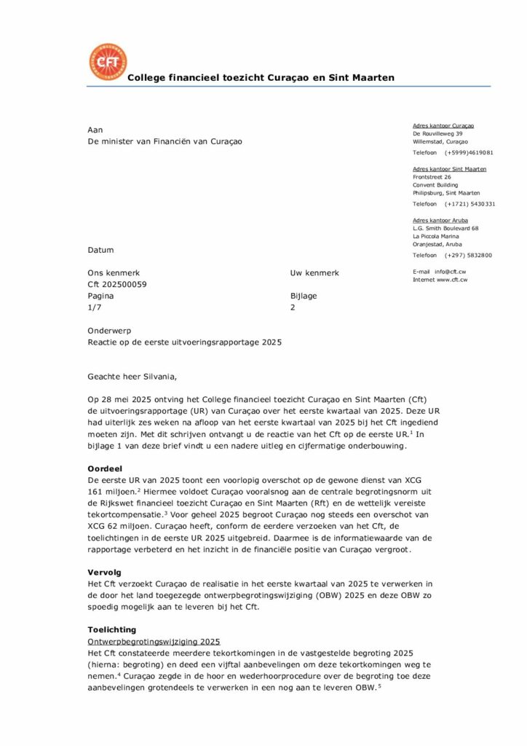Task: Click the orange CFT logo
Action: coord(107,62)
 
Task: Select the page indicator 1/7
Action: coord(94,307)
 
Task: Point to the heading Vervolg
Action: coord(103,573)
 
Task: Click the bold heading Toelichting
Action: coord(111,629)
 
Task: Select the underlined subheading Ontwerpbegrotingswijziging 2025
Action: coord(154,641)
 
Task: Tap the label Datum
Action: coord(100,250)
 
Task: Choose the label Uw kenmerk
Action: coord(314,272)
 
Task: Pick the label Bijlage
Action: coord(304,296)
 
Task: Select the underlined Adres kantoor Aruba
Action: coord(440,220)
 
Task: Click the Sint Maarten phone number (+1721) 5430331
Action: coord(469,204)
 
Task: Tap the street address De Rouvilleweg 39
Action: coord(437,134)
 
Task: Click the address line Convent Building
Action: coord(436,184)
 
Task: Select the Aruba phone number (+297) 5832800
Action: coord(468,255)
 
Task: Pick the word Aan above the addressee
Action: coord(95,130)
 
